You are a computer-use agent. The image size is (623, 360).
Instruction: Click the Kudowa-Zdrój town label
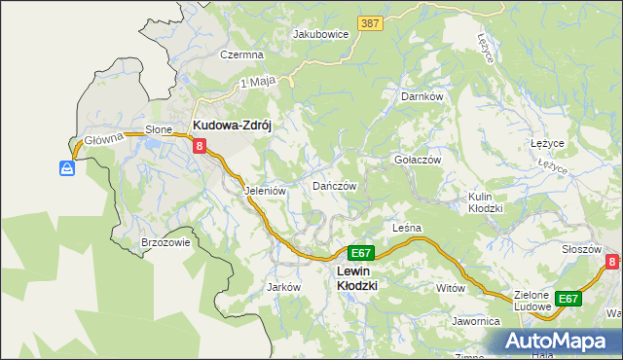pos(237,126)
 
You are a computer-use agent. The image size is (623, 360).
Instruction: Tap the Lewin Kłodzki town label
pos(356,278)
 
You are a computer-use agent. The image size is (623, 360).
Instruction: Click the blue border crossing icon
pos(66,169)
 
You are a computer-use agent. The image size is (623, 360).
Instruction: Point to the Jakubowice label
pos(321,33)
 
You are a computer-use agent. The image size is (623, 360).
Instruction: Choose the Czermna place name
pos(242,55)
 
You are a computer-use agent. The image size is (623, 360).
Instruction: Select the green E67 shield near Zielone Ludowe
pos(568,299)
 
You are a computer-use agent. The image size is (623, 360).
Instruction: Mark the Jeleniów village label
pos(265,192)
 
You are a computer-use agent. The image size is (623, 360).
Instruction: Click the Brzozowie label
pos(165,243)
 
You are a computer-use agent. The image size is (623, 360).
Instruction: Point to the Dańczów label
pos(335,186)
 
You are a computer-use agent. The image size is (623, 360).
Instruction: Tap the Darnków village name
pos(422,97)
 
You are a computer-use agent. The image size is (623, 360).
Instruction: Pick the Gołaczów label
pos(418,160)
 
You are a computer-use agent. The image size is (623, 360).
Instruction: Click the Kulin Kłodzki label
pos(485,202)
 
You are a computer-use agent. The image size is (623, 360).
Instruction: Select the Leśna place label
pos(406,228)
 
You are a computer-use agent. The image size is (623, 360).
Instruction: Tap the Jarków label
pos(282,288)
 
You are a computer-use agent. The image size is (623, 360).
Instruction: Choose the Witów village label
pos(451,289)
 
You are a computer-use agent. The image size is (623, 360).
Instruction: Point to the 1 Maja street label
pos(254,84)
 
